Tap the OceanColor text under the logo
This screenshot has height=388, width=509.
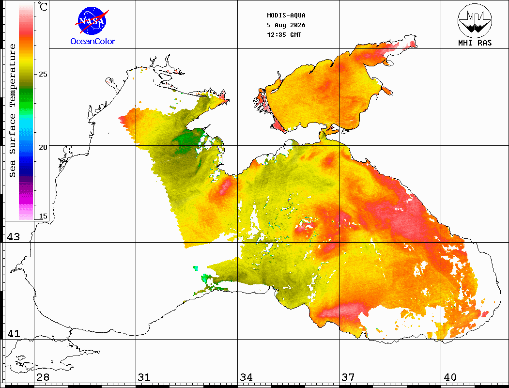(93, 41)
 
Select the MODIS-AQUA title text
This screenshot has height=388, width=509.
(286, 16)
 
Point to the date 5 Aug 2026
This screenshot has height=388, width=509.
(286, 25)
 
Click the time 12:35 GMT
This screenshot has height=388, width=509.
(284, 35)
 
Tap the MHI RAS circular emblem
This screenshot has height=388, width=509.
(475, 21)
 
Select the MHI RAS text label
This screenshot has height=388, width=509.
(475, 43)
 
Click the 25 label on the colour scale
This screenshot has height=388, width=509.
(43, 74)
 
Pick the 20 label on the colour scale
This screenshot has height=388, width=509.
(43, 147)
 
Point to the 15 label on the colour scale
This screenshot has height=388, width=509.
(43, 216)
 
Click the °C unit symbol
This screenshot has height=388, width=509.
(43, 6)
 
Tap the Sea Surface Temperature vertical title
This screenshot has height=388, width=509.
(12, 110)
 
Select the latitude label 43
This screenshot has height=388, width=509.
(13, 237)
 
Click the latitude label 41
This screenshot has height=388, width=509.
(13, 333)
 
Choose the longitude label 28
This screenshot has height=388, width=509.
(43, 377)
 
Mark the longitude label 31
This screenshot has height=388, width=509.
(144, 377)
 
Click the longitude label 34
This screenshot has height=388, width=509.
(246, 377)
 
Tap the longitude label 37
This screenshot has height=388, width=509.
(348, 377)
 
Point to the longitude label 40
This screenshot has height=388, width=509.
(450, 377)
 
